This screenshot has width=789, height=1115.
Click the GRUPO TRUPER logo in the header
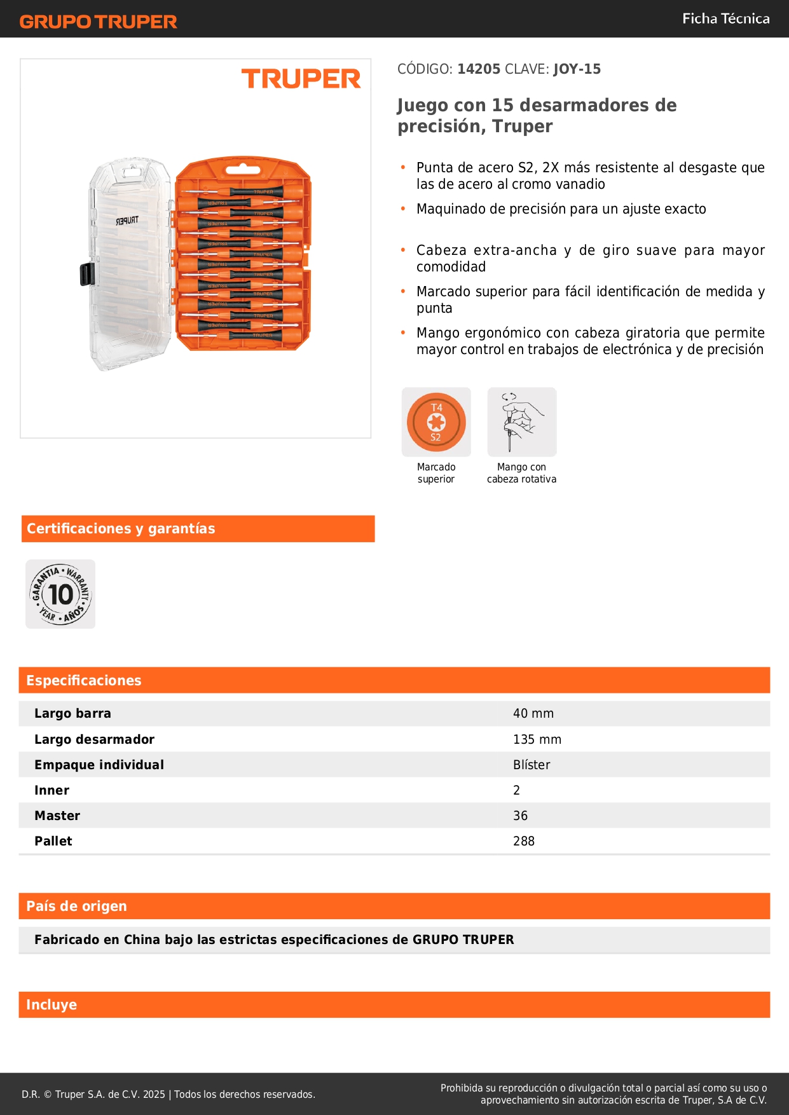[x=99, y=22]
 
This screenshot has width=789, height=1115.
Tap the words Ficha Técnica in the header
[x=725, y=18]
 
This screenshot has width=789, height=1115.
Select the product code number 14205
[x=479, y=69]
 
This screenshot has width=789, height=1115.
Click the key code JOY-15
[x=577, y=69]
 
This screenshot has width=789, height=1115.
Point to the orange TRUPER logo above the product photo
[x=301, y=79]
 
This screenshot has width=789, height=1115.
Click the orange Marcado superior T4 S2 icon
[x=436, y=422]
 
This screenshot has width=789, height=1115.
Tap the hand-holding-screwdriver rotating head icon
[x=521, y=422]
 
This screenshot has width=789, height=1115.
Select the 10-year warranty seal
[x=60, y=594]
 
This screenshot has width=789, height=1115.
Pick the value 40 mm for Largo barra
[x=533, y=714]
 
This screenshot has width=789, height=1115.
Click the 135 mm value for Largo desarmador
[x=537, y=739]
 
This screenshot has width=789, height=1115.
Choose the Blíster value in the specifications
[x=532, y=765]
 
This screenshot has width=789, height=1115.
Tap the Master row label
[x=57, y=816]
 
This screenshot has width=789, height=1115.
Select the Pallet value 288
[x=523, y=841]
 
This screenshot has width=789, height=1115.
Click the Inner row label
[x=51, y=790]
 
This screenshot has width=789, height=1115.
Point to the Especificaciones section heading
[x=84, y=680]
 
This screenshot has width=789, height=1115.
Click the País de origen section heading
[x=76, y=906]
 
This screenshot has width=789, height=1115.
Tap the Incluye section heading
[x=51, y=1004]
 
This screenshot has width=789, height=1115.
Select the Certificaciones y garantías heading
[x=121, y=528]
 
